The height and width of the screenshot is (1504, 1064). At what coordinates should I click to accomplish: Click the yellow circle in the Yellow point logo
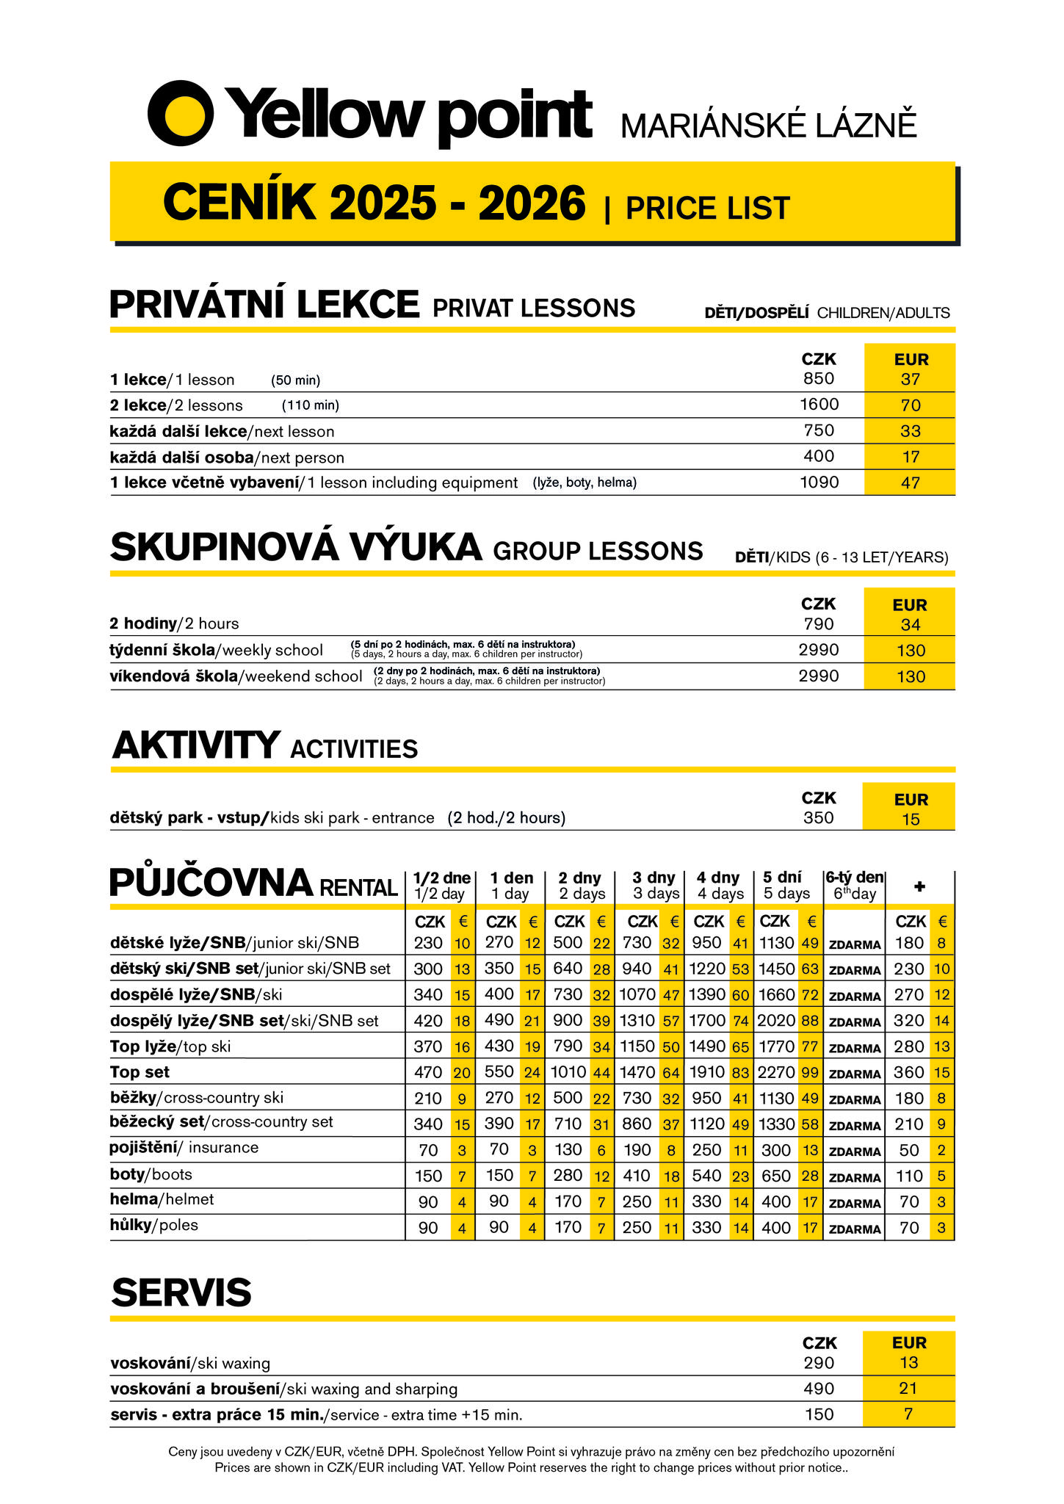click(x=181, y=113)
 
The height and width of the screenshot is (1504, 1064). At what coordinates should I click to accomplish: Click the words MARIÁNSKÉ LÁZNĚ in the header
click(x=769, y=126)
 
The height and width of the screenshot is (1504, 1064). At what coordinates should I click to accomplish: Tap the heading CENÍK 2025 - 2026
click(x=374, y=203)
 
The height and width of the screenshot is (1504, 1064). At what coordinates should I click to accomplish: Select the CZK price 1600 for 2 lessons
click(x=819, y=404)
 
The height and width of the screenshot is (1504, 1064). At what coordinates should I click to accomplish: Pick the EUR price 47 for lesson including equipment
click(x=911, y=483)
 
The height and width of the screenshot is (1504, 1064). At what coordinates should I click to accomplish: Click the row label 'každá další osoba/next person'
click(x=227, y=458)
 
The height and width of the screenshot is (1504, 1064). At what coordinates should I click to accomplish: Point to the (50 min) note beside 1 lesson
click(x=295, y=380)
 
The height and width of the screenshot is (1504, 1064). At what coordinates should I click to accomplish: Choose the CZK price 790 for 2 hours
click(x=819, y=624)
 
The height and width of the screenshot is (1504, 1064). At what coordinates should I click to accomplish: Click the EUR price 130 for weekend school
click(x=911, y=676)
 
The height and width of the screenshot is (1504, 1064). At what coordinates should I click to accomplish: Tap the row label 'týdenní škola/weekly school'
click(x=216, y=650)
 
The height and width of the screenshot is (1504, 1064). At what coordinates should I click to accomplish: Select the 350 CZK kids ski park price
click(x=819, y=818)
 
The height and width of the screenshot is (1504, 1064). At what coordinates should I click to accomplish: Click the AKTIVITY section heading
click(x=196, y=745)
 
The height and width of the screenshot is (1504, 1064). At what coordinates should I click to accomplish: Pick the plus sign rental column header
click(x=919, y=886)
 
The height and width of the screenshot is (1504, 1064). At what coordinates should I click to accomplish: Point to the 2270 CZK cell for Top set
click(x=776, y=1072)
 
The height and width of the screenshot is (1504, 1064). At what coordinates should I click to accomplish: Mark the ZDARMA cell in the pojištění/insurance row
click(x=854, y=1151)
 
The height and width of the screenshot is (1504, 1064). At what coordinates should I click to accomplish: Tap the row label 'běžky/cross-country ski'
click(x=196, y=1098)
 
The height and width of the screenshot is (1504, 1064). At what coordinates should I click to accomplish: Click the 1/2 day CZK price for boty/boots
click(x=428, y=1176)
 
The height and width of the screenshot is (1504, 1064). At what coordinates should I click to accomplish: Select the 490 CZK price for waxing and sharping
click(x=819, y=1389)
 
